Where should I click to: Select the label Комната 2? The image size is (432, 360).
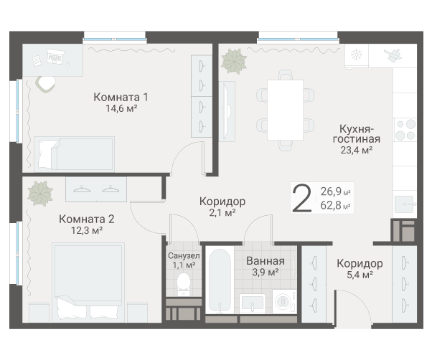coord(87,219)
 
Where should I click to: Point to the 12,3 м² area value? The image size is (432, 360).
coord(87,231)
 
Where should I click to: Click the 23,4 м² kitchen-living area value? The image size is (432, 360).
coord(356,151)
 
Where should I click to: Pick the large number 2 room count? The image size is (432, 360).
coord(303,198)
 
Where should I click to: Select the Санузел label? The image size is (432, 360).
coord(183,255)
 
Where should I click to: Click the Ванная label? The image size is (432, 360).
coord(265,261)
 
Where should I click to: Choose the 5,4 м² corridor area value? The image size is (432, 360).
coord(360,275)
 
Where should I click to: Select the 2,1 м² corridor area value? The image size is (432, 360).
coord(222,213)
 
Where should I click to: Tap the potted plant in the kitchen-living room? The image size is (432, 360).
coord(233,60)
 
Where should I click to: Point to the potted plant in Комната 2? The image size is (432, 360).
coord(40,193)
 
